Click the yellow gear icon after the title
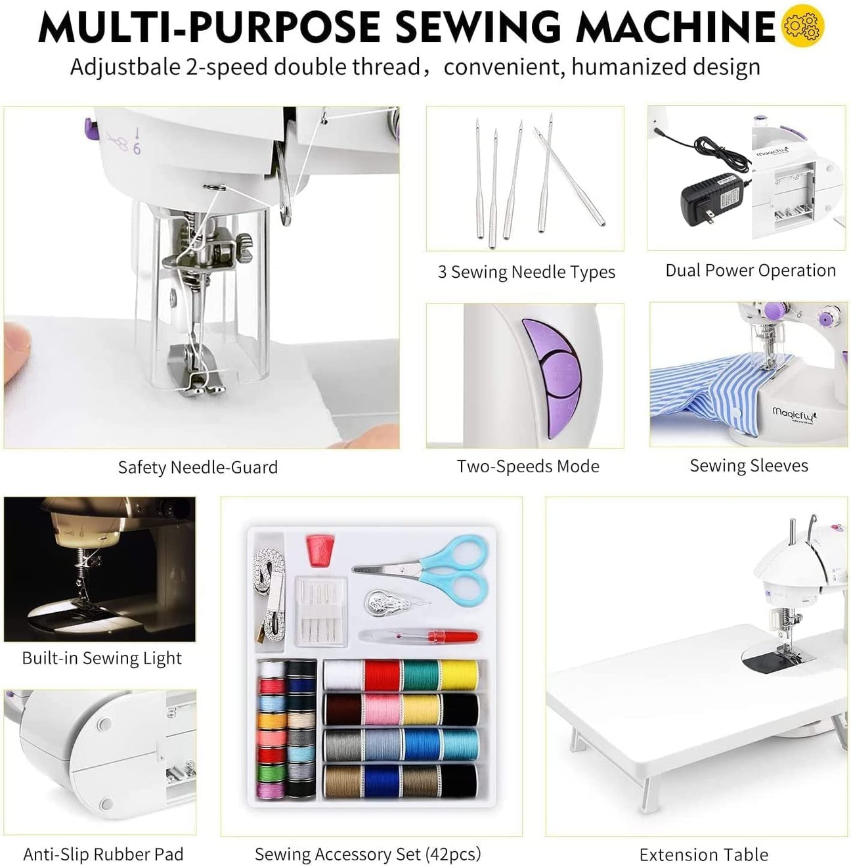click(x=802, y=26)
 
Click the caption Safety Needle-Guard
click(x=198, y=467)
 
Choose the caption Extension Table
click(x=703, y=855)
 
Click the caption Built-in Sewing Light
click(x=102, y=658)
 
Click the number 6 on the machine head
click(x=137, y=149)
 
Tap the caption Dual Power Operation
click(x=750, y=271)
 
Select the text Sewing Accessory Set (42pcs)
click(x=368, y=854)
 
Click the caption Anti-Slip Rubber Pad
click(x=103, y=854)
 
